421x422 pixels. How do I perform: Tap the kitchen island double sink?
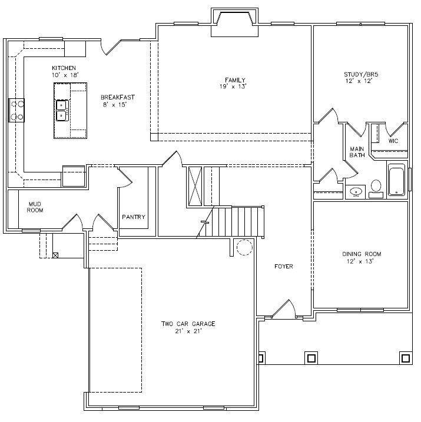click(x=62, y=110)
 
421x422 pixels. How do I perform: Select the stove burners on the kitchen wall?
click(x=16, y=110)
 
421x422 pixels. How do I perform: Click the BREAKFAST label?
click(x=114, y=97)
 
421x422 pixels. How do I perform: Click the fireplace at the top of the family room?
click(x=234, y=24)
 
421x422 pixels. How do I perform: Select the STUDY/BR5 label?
click(x=360, y=75)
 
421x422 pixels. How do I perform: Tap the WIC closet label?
click(x=393, y=141)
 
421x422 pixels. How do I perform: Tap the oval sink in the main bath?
click(x=356, y=191)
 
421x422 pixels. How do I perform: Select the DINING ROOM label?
click(x=360, y=254)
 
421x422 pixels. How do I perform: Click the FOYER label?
click(x=283, y=267)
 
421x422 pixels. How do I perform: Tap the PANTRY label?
click(x=134, y=217)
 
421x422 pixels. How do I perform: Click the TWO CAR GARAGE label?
click(x=188, y=324)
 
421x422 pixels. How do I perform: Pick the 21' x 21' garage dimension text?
click(x=188, y=333)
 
